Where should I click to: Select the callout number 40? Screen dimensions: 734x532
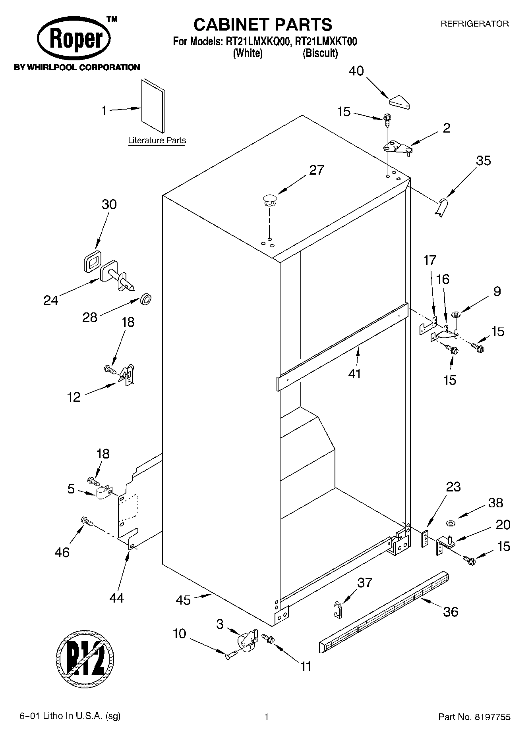click(356, 71)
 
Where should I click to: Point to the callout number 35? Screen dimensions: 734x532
click(483, 161)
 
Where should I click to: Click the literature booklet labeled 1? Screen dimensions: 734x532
click(153, 106)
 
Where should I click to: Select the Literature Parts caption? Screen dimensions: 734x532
click(157, 141)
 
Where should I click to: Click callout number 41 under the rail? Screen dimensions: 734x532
click(354, 374)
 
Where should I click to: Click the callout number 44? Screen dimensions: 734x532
click(116, 597)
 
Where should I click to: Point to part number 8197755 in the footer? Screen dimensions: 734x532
click(492, 717)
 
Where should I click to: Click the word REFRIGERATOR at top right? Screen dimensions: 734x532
click(474, 24)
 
